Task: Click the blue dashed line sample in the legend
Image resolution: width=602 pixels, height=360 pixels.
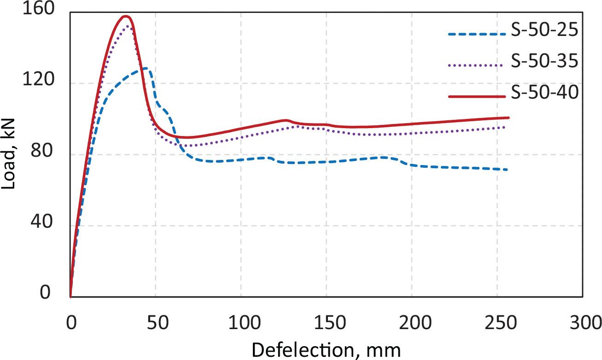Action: [x=474, y=34]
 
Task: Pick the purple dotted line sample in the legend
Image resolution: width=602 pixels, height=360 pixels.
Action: [x=474, y=65]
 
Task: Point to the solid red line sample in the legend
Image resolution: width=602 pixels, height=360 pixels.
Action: [x=474, y=96]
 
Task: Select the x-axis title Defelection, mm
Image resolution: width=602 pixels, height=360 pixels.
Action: [x=326, y=350]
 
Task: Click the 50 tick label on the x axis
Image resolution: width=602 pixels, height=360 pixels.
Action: [x=156, y=321]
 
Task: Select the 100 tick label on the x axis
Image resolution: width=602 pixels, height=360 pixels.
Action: [x=241, y=321]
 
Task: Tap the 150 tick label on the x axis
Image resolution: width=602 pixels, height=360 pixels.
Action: [x=326, y=321]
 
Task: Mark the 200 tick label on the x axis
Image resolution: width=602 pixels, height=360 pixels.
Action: [x=412, y=321]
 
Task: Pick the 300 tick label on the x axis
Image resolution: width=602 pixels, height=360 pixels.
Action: [x=582, y=321]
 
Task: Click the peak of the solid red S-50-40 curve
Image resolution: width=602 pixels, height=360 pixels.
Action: [x=125, y=16]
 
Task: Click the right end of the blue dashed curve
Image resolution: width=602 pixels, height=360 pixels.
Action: [x=507, y=170]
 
